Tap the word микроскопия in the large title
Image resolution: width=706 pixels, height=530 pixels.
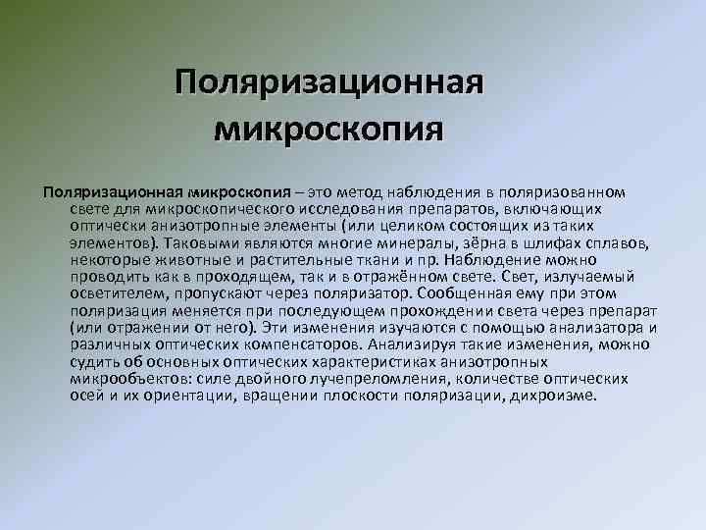328,128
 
